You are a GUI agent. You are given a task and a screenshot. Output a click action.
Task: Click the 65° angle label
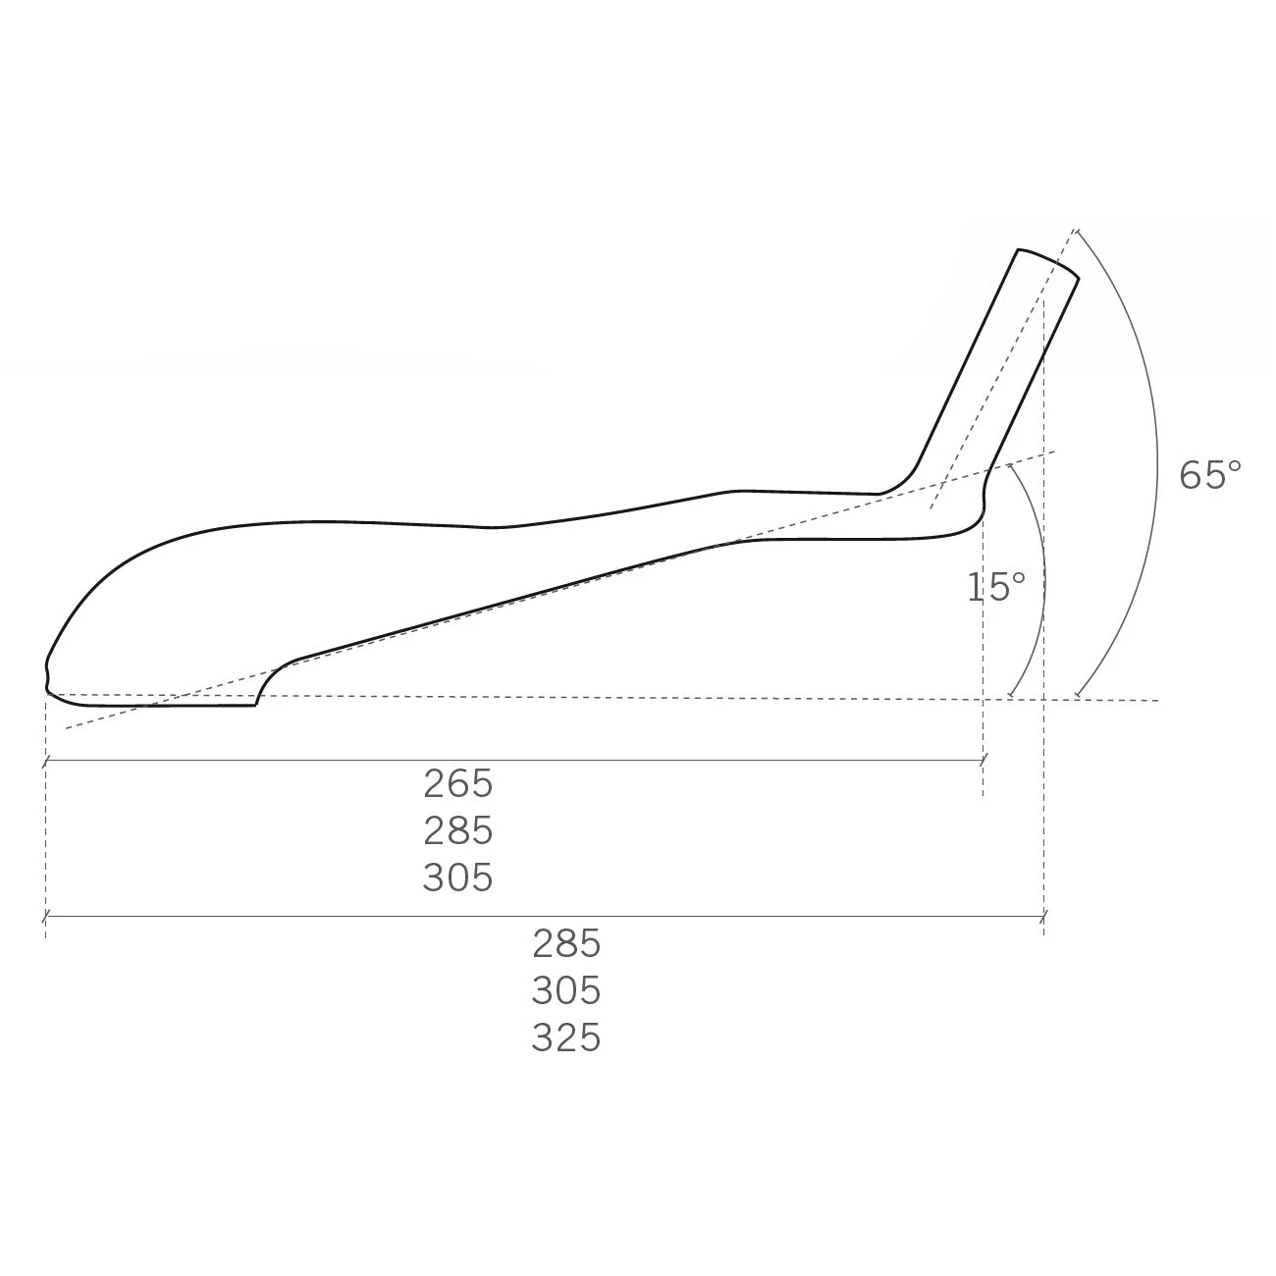1209,475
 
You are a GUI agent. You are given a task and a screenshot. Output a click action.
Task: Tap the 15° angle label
996,587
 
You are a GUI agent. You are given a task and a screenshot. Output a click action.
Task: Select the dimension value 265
458,784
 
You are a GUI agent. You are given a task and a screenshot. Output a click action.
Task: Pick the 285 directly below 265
458,831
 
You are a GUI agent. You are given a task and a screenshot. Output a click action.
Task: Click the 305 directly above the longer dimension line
458,878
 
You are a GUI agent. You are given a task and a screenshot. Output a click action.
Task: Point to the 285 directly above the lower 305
566,944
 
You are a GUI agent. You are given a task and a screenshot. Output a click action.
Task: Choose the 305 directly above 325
566,991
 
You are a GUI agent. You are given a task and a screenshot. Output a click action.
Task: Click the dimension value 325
566,1038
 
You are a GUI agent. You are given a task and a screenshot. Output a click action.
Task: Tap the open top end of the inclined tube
1048,262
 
